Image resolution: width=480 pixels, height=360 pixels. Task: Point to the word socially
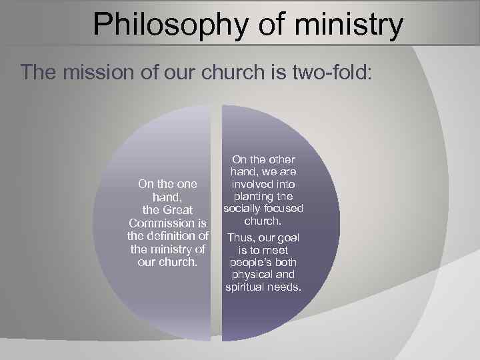(x=241, y=208)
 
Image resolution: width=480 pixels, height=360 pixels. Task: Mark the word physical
(x=251, y=275)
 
